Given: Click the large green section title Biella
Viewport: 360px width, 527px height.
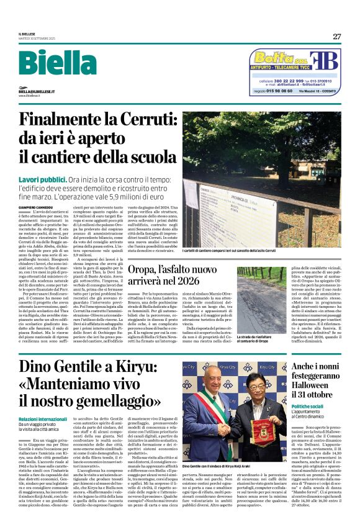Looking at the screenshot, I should (54, 64).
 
